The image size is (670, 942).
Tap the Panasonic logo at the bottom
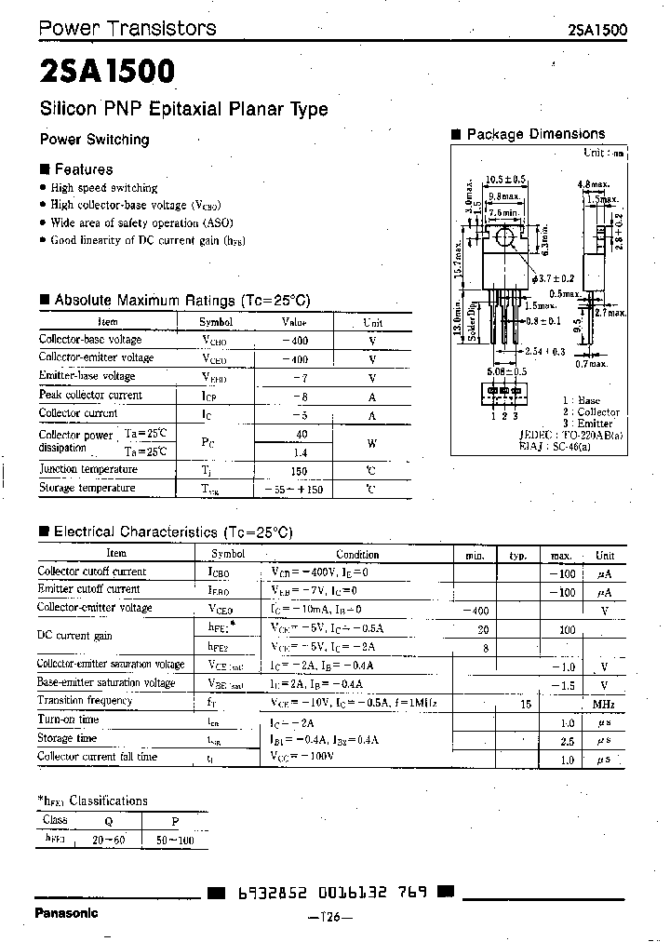pyautogui.click(x=65, y=913)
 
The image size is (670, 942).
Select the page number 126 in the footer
pyautogui.click(x=329, y=918)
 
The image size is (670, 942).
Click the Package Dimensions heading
pyautogui.click(x=535, y=134)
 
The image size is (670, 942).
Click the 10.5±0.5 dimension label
pyautogui.click(x=505, y=179)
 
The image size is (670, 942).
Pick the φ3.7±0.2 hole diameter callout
pyautogui.click(x=554, y=278)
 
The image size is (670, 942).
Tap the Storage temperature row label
pyautogui.click(x=87, y=488)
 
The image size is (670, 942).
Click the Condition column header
pyautogui.click(x=357, y=553)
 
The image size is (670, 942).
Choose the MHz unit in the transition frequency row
pyautogui.click(x=605, y=703)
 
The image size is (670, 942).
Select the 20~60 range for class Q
pyautogui.click(x=110, y=839)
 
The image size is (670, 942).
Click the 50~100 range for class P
pyautogui.click(x=174, y=839)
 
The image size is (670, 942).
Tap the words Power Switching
pyautogui.click(x=94, y=140)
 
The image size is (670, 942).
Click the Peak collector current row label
pyautogui.click(x=90, y=395)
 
